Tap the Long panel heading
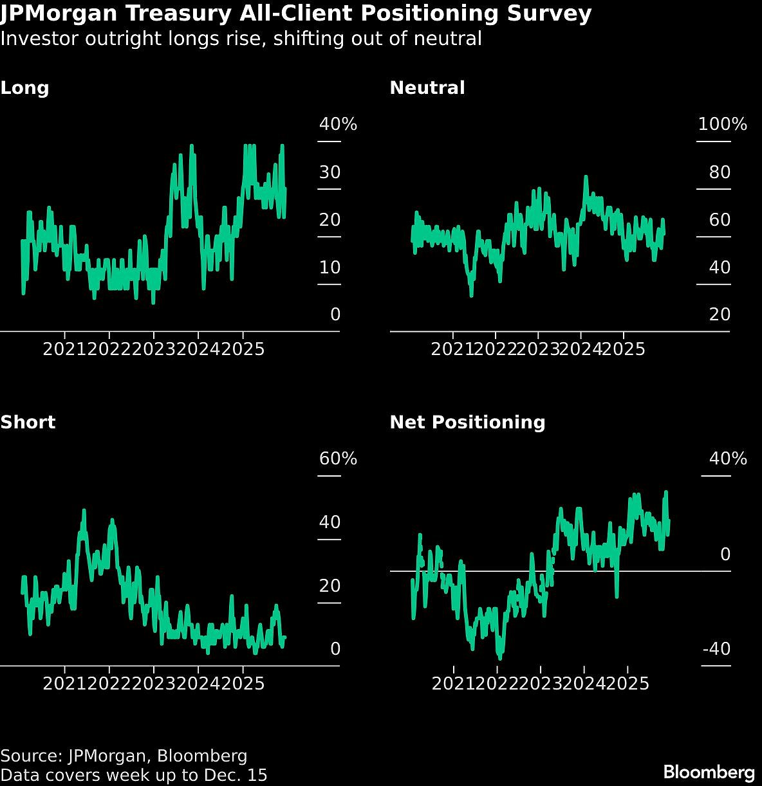coord(24,88)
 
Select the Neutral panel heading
coord(427,88)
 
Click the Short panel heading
coord(28,423)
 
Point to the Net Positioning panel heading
coord(467,423)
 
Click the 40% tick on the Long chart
coord(338,124)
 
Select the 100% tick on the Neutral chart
coord(722,124)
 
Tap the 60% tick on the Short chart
coord(338,459)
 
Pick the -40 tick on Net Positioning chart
coord(716,649)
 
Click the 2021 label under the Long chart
coord(64,349)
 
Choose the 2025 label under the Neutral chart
coord(623,349)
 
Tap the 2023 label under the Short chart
coord(153,682)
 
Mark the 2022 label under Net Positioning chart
coord(497,682)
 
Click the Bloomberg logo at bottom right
coord(709,771)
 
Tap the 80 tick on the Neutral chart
coord(720,172)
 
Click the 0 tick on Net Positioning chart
coord(725,554)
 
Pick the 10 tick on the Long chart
coord(330,268)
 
